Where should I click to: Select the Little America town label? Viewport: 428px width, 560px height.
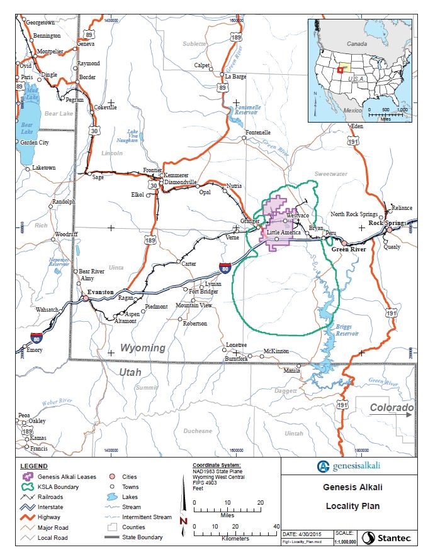click(283, 233)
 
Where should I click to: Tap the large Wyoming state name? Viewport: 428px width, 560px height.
click(142, 348)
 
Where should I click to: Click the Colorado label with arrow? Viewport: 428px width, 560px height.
click(391, 408)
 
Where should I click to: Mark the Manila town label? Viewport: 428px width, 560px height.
click(291, 370)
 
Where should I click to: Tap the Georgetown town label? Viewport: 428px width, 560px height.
click(39, 22)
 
